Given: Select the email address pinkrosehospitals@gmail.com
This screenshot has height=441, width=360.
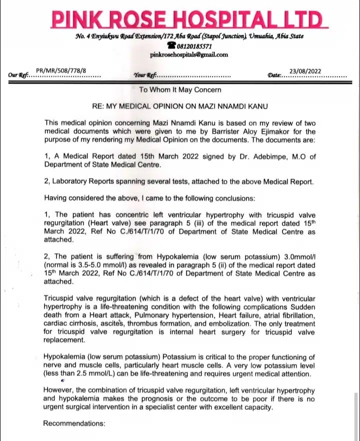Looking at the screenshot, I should pyautogui.click(x=188, y=54).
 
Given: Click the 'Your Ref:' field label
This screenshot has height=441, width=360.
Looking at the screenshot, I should pyautogui.click(x=145, y=75).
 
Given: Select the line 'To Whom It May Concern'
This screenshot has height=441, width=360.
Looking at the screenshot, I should pyautogui.click(x=180, y=90).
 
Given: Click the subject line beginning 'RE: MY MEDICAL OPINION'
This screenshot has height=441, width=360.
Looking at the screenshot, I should pyautogui.click(x=179, y=106).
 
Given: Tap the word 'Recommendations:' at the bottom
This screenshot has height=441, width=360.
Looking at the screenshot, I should pyautogui.click(x=74, y=423).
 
